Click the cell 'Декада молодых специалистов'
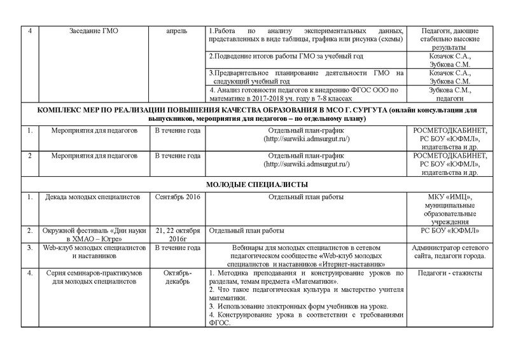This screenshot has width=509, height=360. click(x=92, y=197)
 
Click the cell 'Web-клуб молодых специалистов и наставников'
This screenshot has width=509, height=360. click(x=92, y=251)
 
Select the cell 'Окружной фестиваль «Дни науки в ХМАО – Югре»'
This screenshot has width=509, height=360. click(x=92, y=233)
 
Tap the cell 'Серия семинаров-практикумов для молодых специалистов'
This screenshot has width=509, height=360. click(x=92, y=277)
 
